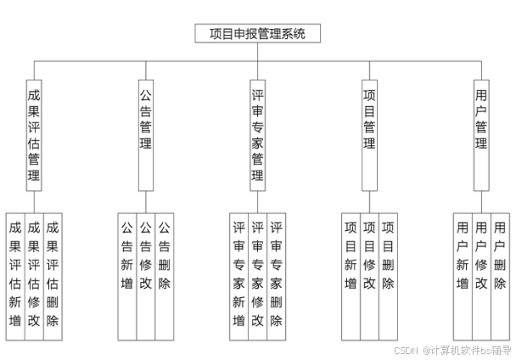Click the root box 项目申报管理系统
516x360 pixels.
point(256,35)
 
